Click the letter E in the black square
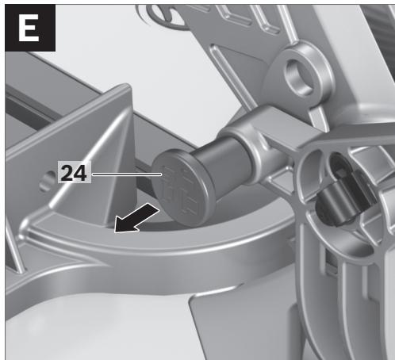click(29, 28)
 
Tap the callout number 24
click(74, 173)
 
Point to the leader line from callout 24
click(126, 174)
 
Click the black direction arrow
click(136, 219)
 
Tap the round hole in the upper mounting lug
click(299, 77)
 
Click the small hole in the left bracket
click(46, 182)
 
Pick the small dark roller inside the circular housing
click(339, 204)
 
